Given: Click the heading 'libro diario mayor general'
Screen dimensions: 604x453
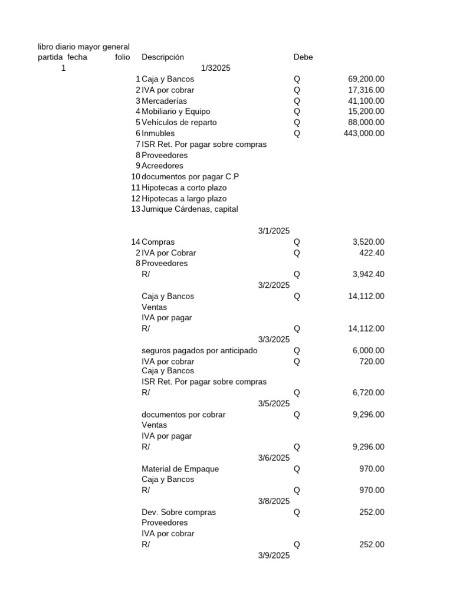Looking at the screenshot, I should (x=84, y=47).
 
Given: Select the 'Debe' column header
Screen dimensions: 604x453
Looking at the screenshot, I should (x=303, y=57).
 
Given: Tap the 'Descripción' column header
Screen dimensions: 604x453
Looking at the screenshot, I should (x=163, y=57).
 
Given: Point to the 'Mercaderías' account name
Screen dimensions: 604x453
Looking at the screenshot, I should (x=164, y=101).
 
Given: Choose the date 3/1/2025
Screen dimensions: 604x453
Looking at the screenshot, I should (x=274, y=231).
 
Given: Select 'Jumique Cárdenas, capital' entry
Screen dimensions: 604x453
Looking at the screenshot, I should (x=190, y=209).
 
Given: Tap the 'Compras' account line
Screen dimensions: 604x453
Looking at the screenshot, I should (x=158, y=242).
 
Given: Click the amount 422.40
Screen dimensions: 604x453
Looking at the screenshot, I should (x=372, y=252).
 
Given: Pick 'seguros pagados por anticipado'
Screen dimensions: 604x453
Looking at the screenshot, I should (x=199, y=350).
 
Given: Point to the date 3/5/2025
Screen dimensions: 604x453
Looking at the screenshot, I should (x=274, y=403).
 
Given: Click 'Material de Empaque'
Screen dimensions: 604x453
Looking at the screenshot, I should (x=180, y=469).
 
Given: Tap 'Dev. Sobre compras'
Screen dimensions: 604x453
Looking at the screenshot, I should (x=179, y=512).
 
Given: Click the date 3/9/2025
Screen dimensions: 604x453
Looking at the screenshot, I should (x=274, y=556).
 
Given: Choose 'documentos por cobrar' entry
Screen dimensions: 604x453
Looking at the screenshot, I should (x=183, y=415).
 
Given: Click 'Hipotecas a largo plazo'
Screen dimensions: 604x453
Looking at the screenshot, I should (x=184, y=199).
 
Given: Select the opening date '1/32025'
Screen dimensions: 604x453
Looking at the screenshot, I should (x=215, y=68).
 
